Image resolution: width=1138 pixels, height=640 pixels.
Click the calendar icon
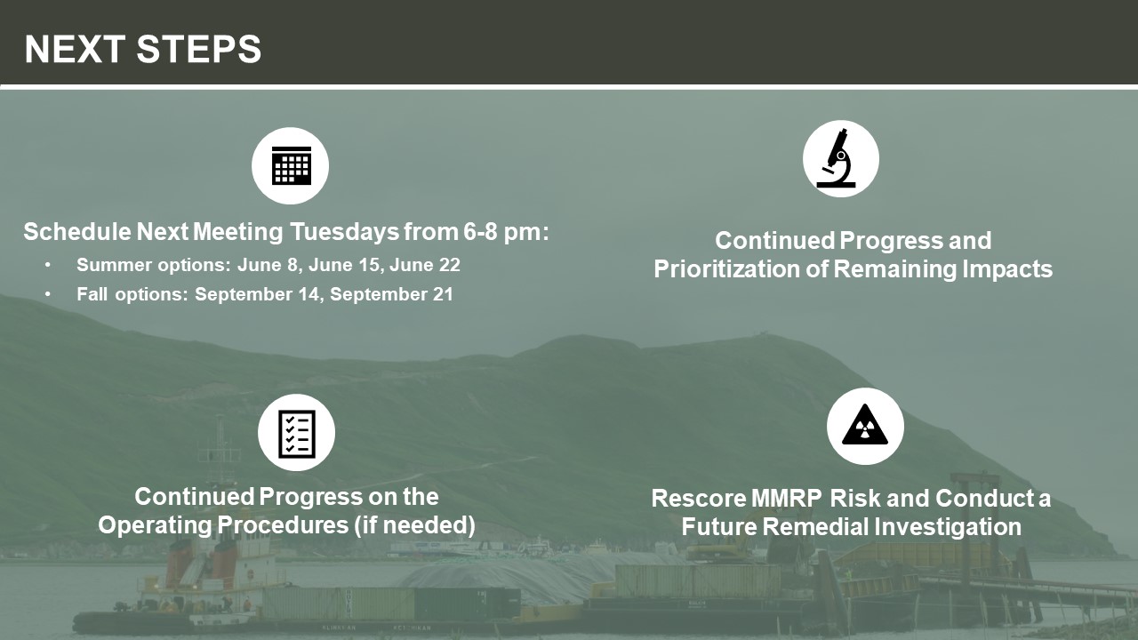pos(291,165)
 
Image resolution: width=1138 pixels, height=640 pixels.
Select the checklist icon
pos(297,433)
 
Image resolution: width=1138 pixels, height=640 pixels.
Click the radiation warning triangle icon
pos(865,426)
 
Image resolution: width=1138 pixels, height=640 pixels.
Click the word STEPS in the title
pos(198,49)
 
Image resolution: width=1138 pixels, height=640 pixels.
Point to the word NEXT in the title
pos(76,49)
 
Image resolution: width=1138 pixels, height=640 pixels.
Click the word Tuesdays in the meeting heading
pos(344,232)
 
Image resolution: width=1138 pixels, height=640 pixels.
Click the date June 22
pos(425,265)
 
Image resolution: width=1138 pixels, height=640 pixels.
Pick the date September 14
pos(257,294)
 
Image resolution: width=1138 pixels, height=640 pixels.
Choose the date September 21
pos(391,294)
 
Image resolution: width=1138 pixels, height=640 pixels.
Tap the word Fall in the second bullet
pos(92,294)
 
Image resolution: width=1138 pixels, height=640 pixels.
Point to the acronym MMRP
pos(787,499)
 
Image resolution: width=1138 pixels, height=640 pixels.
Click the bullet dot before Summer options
pos(47,265)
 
